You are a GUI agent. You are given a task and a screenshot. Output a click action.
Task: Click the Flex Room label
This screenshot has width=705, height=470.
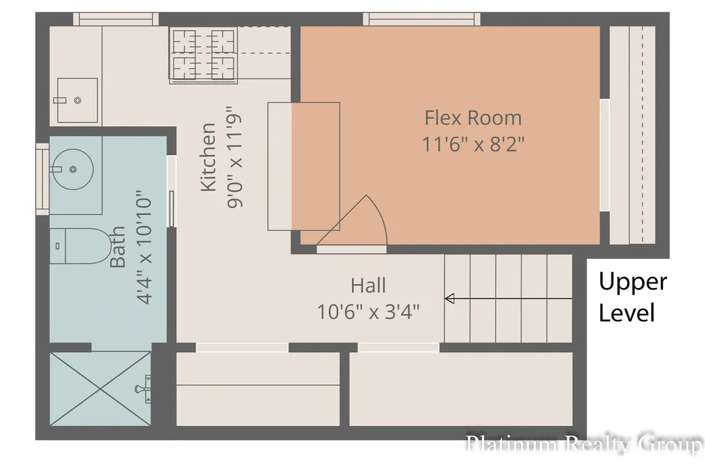click(473, 118)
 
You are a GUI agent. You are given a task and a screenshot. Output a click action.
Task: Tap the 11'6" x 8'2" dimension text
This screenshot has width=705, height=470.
click(473, 145)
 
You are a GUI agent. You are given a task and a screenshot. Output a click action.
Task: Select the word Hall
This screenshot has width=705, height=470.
click(368, 285)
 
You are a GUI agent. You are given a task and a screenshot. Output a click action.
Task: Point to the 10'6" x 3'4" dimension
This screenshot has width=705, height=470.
click(368, 311)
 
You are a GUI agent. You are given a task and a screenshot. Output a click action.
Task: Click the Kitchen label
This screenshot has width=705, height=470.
click(208, 157)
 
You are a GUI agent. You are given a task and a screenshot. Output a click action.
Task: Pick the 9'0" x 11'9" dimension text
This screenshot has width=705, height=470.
click(235, 157)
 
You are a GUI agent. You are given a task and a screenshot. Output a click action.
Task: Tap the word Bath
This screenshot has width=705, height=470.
click(118, 247)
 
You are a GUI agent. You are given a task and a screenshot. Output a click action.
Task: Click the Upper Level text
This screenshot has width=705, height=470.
click(633, 297)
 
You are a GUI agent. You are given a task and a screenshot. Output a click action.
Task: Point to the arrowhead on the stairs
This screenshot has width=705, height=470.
click(450, 298)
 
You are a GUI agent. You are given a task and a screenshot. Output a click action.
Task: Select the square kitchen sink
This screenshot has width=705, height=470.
click(77, 100)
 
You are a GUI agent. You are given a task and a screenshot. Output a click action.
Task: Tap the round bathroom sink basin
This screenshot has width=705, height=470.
click(73, 170)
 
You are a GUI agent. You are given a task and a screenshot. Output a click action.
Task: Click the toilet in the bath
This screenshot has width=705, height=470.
click(80, 246)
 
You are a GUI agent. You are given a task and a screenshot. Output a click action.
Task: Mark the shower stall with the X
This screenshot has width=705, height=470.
click(101, 389)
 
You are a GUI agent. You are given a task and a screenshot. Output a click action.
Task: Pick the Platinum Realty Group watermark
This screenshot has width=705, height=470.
click(584, 444)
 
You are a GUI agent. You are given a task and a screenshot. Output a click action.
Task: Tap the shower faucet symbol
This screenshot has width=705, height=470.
click(144, 389)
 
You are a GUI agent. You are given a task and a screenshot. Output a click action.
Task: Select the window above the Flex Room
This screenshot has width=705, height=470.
click(422, 19)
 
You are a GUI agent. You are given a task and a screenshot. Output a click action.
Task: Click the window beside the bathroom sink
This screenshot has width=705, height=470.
click(42, 178)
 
